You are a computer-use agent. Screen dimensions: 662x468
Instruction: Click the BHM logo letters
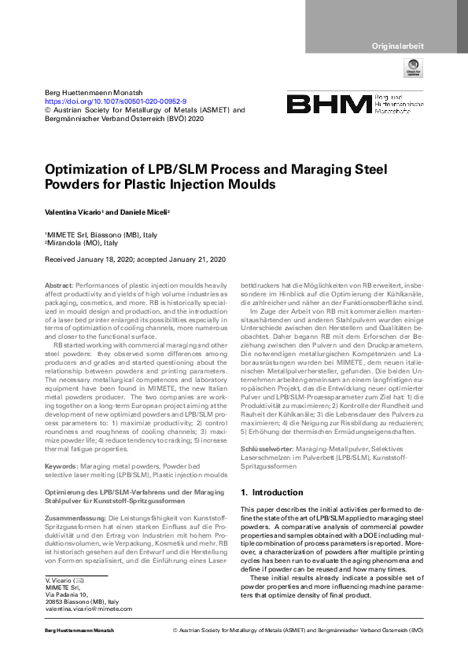click(x=328, y=104)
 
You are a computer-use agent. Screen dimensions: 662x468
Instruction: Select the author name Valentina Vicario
click(x=77, y=214)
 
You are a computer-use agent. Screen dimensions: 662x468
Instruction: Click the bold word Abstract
click(x=58, y=282)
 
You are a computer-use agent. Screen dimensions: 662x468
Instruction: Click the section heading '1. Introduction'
click(x=271, y=492)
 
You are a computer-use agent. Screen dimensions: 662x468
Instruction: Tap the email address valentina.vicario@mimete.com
click(x=89, y=609)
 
